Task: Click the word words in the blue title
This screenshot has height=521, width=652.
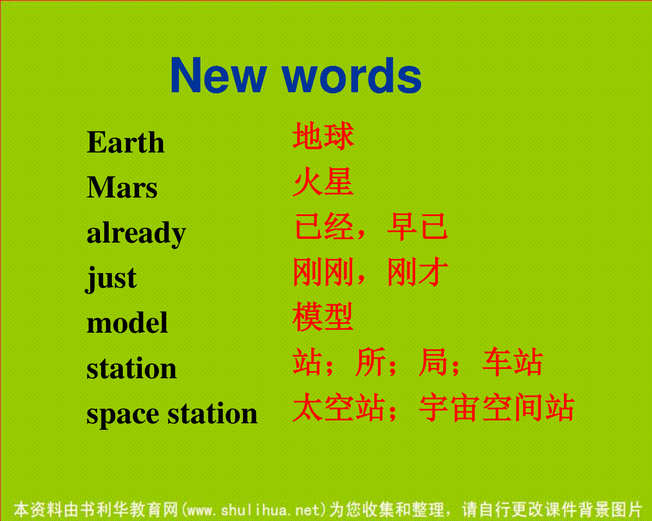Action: pos(352,75)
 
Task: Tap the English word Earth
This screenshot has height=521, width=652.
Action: pos(126,142)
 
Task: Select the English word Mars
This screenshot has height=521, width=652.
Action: pos(122,187)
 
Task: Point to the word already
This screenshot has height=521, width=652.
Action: pos(136,233)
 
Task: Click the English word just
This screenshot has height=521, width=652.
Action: pos(111,278)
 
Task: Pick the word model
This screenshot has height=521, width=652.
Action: pos(127,323)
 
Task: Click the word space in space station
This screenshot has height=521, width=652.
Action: pos(123,415)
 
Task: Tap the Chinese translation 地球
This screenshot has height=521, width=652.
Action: pos(323,136)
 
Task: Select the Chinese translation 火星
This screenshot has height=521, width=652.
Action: pos(323,181)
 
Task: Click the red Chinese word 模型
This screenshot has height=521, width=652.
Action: pos(323,316)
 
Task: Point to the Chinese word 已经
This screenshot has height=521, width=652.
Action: pos(324,226)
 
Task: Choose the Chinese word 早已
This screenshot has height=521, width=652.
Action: pos(417,226)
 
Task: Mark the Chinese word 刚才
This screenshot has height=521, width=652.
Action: pos(417,271)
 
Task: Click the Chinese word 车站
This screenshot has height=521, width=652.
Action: pos(512,362)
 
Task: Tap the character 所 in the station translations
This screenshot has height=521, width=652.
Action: pos(371,362)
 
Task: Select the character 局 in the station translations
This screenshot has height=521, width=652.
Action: pos(434,362)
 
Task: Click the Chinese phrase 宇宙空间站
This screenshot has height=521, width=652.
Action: pos(497,407)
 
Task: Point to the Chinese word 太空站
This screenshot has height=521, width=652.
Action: pos(339,407)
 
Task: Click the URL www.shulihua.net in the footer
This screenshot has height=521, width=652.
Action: pos(253,510)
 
